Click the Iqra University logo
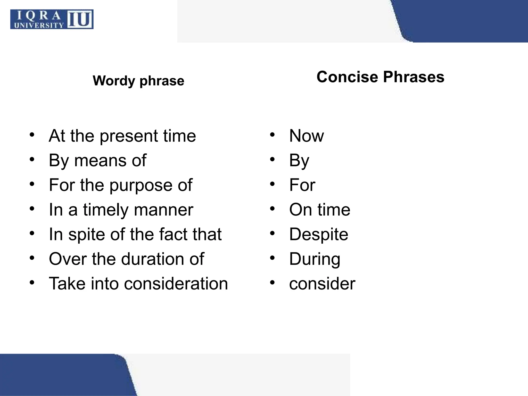click(52, 19)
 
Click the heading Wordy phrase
click(138, 81)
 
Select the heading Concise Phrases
click(380, 77)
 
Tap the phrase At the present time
click(122, 136)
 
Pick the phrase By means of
click(97, 160)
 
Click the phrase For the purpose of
click(120, 185)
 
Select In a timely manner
click(121, 210)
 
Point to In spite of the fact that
click(135, 234)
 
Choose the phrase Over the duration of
click(126, 259)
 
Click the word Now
click(306, 136)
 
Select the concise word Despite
click(319, 234)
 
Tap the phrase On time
click(320, 210)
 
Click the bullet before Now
click(272, 135)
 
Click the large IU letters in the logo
click(80, 19)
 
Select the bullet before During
click(272, 258)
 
